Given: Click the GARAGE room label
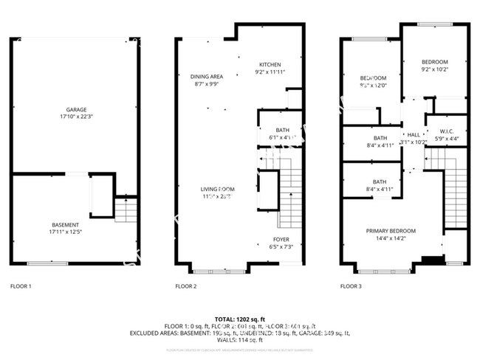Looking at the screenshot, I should point(77,109).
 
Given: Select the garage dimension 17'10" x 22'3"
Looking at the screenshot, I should point(77,117).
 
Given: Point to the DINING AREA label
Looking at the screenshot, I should point(207,76).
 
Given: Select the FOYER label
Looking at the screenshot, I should point(281,240).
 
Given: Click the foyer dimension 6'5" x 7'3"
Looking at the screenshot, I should point(281,247).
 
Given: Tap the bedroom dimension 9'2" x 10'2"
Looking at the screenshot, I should point(435,70).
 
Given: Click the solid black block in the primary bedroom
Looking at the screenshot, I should point(428,258).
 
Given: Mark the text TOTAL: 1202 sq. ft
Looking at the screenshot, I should point(239,317).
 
